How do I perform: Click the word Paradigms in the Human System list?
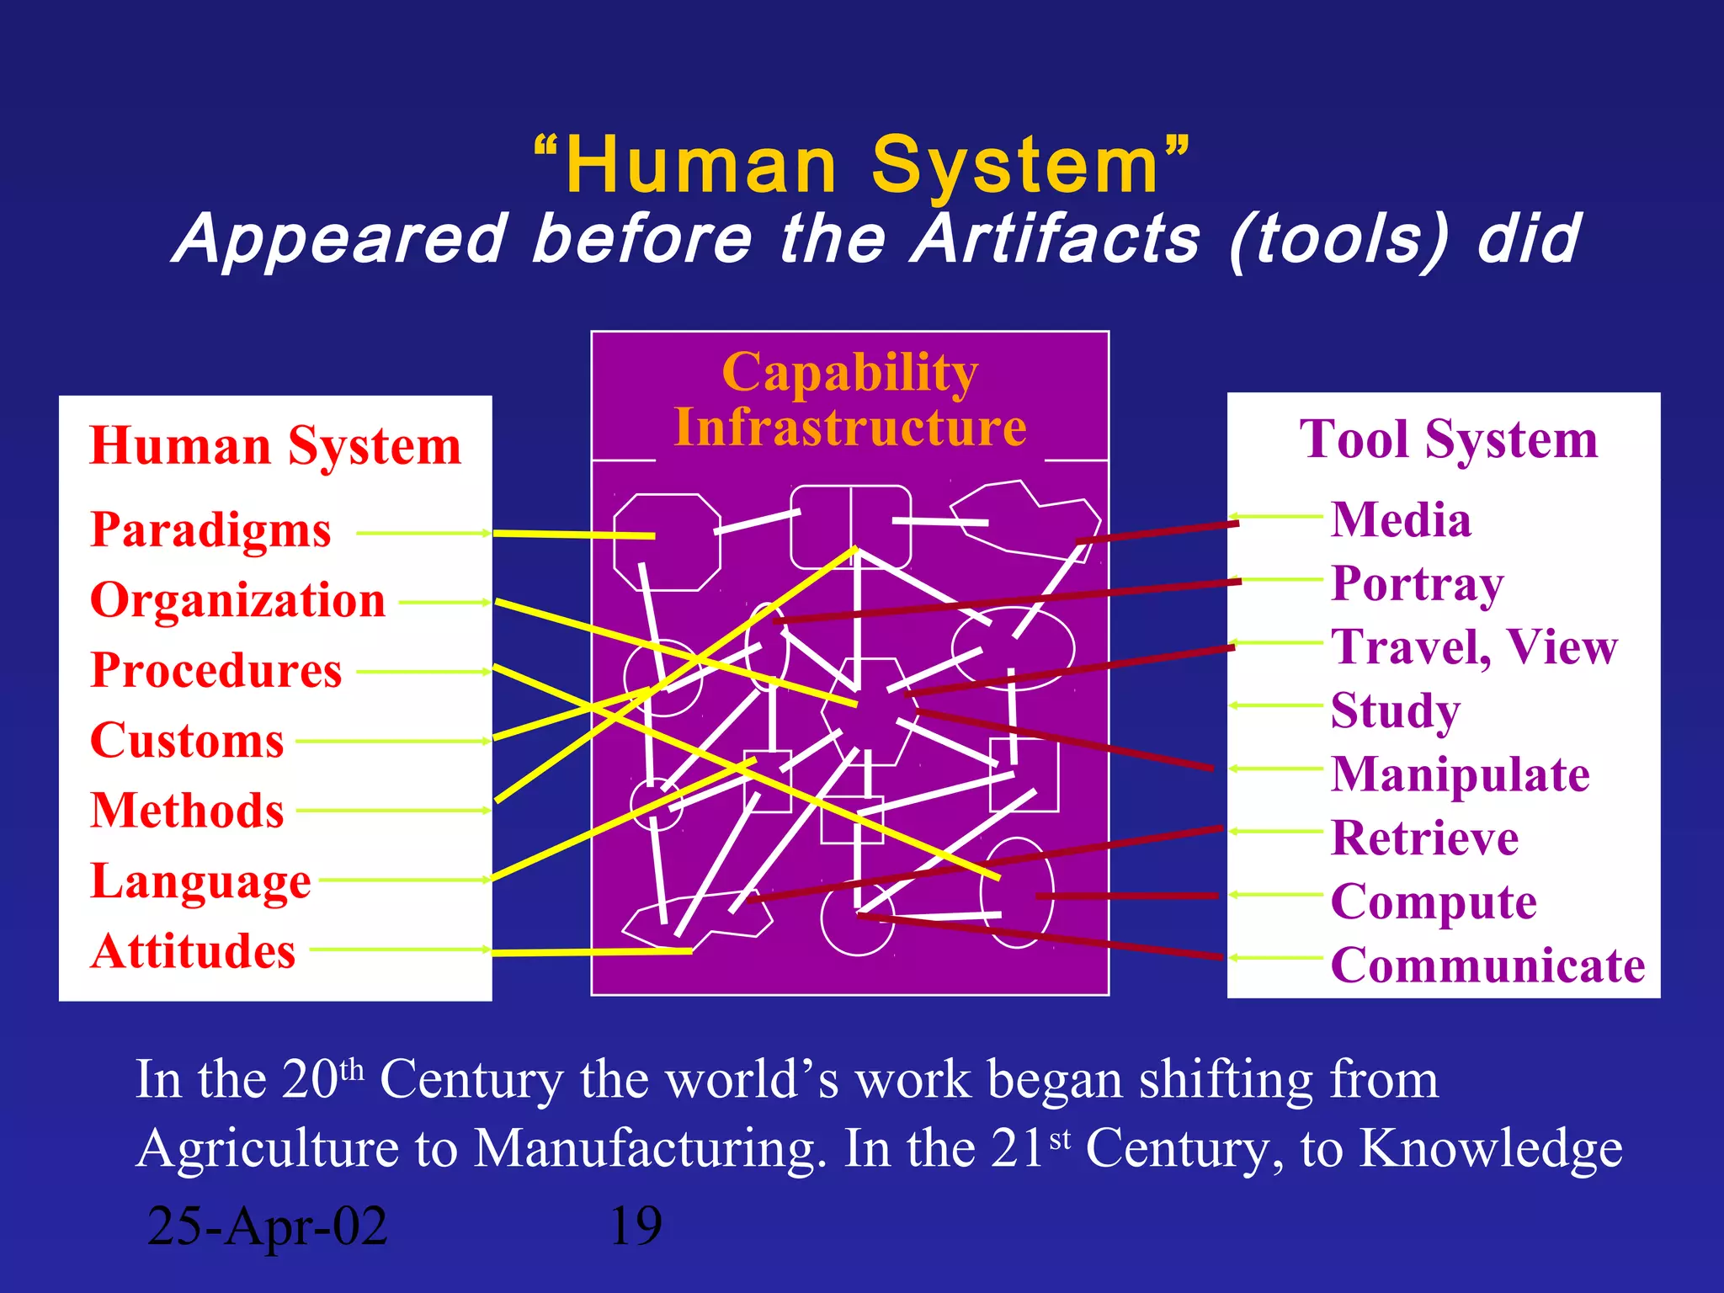coord(210,531)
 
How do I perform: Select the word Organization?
coord(237,601)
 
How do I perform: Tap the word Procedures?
coord(216,671)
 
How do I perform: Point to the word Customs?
coord(187,741)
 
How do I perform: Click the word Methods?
coord(187,811)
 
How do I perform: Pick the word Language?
coord(200,881)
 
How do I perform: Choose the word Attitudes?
coord(193,951)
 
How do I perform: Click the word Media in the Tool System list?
coord(1401,519)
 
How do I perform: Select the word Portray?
coord(1417,583)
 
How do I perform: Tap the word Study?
coord(1395,711)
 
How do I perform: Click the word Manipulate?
coord(1461,775)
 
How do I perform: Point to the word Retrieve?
coord(1424,838)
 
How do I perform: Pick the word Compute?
coord(1434,902)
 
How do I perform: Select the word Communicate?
coord(1487,966)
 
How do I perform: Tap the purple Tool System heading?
coord(1448,439)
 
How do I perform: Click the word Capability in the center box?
coord(849,372)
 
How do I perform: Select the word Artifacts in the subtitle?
coord(1057,239)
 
